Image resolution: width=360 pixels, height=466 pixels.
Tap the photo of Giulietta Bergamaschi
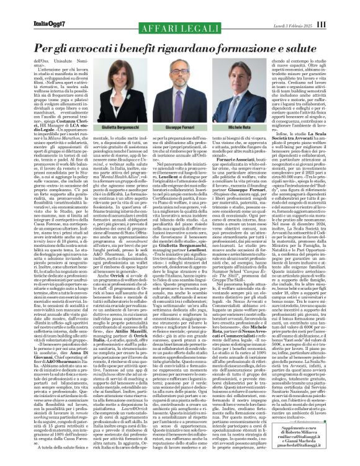[x=120, y=106]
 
